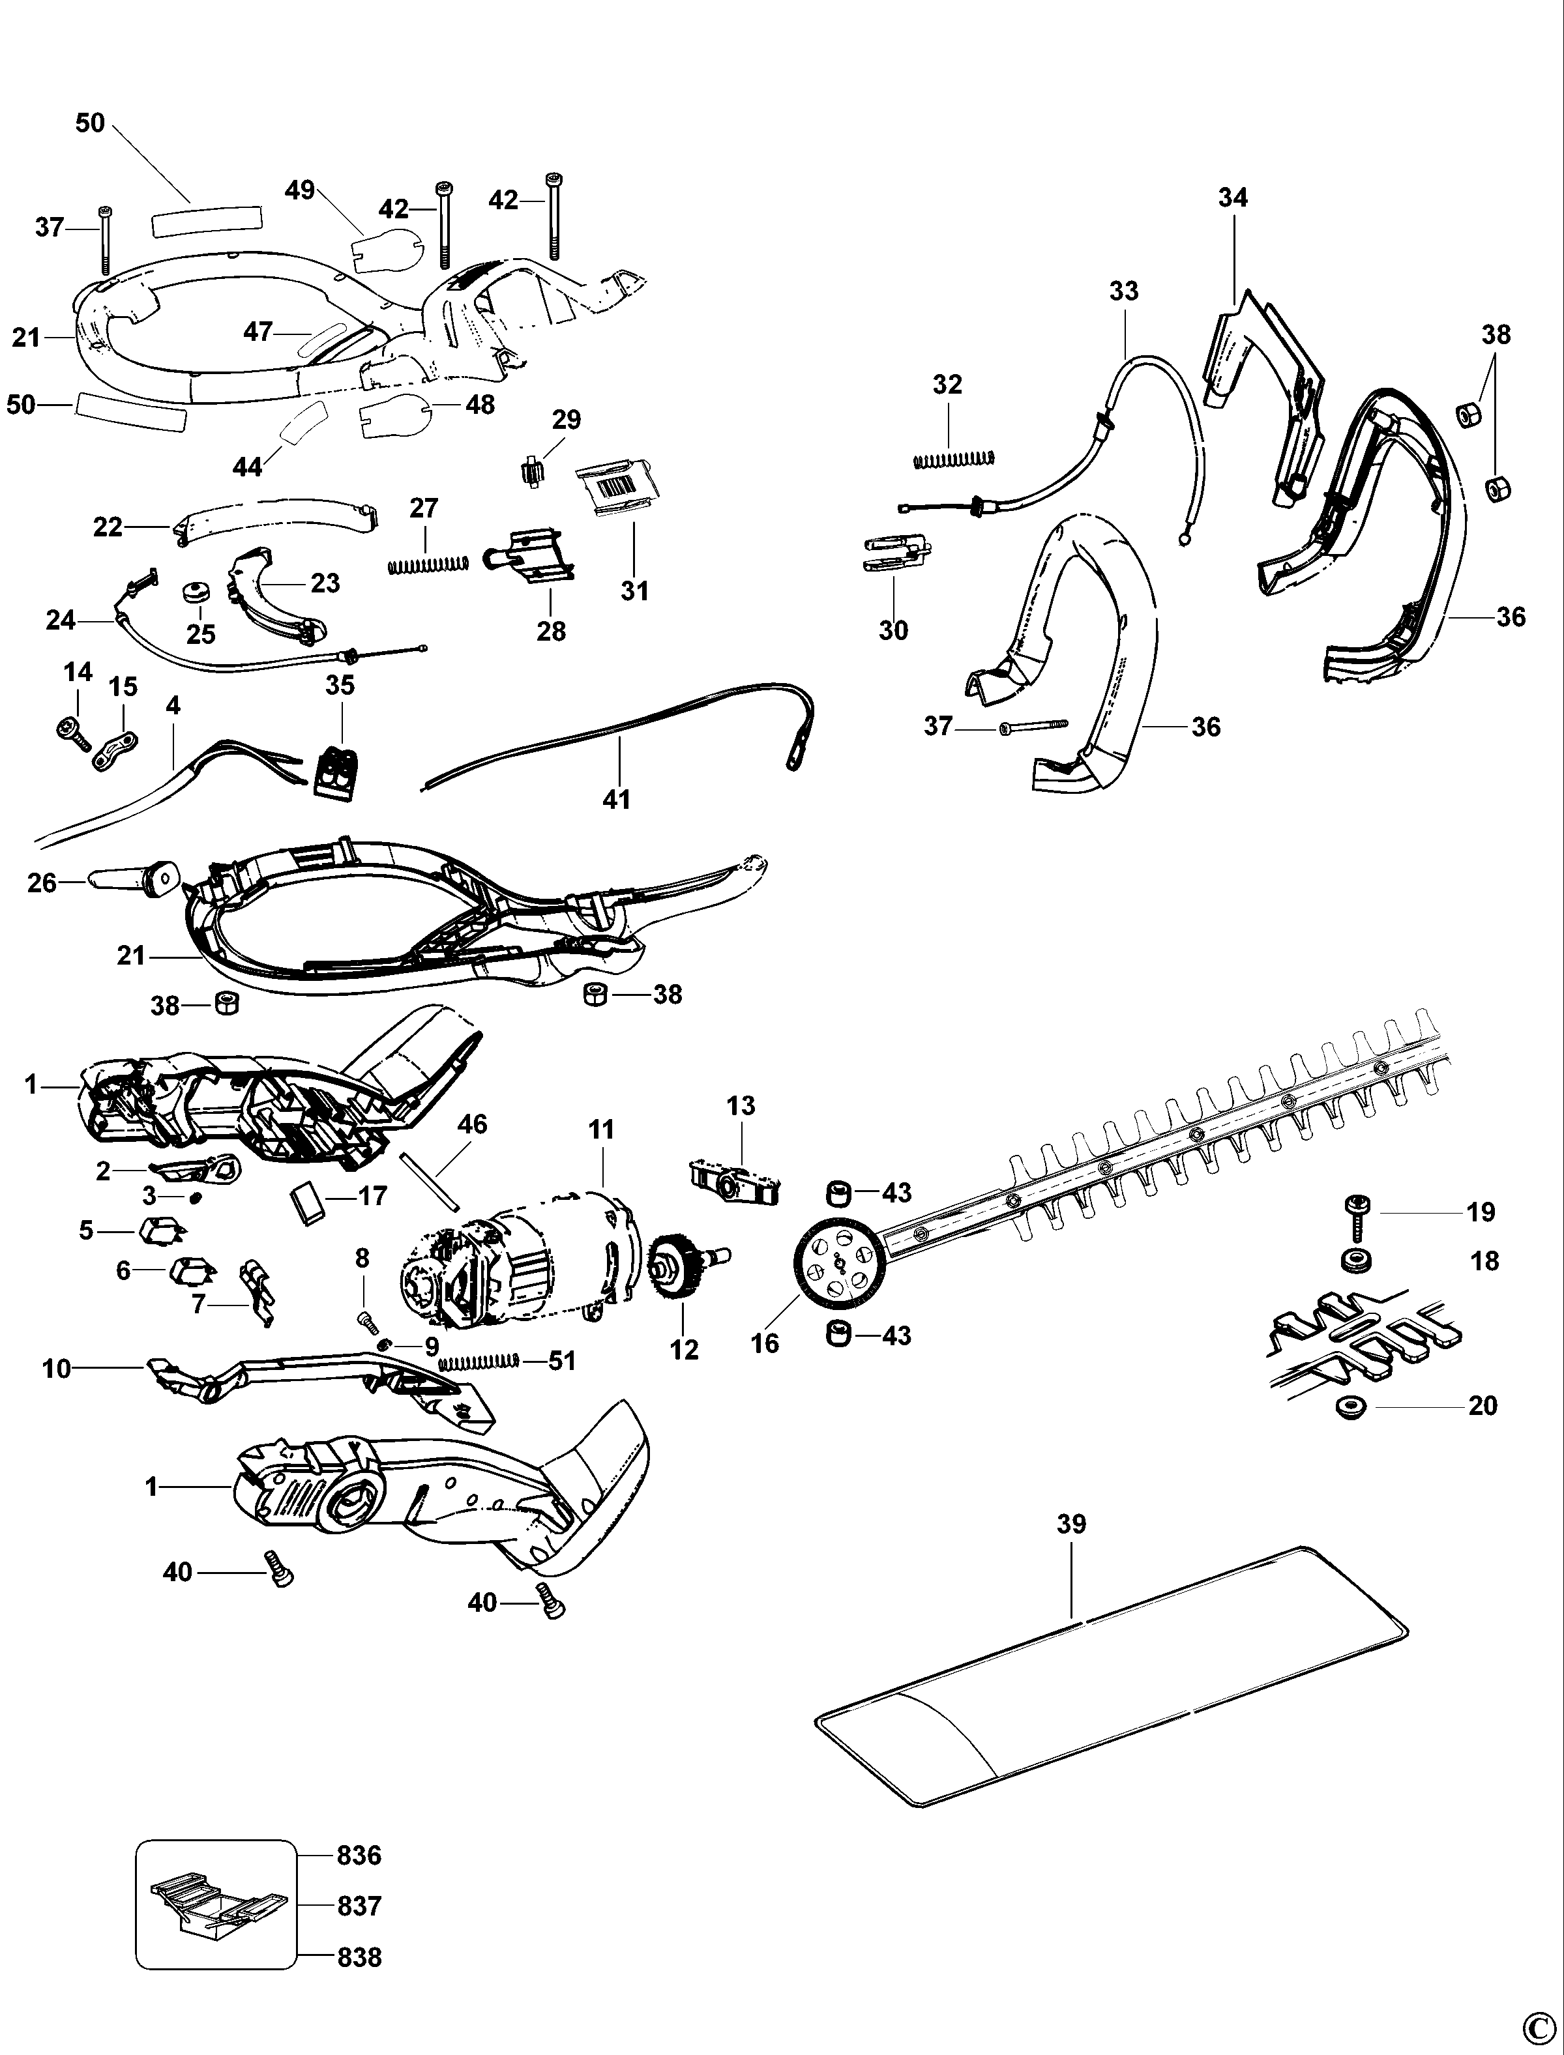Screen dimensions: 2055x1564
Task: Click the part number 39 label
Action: click(1072, 1524)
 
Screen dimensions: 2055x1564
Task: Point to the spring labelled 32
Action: click(953, 458)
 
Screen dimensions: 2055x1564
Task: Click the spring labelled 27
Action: click(427, 564)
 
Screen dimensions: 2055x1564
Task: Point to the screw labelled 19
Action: click(1353, 1216)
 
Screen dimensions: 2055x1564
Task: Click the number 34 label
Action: click(1233, 197)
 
